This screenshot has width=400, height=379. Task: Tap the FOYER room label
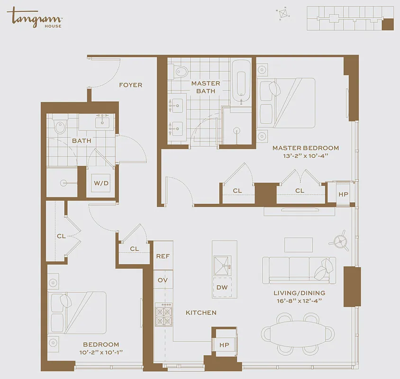click(130, 85)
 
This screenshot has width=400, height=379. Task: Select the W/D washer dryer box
click(100, 183)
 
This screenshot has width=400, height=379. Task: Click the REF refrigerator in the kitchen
click(163, 256)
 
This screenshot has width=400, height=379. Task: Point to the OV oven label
click(163, 280)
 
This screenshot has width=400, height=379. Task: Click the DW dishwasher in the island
click(222, 288)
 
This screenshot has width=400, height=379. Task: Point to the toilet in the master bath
click(181, 72)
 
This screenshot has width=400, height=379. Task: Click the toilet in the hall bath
click(60, 127)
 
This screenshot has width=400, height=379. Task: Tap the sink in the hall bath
click(102, 122)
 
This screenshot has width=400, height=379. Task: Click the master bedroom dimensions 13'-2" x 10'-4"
click(305, 156)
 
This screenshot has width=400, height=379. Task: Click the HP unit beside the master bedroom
click(343, 194)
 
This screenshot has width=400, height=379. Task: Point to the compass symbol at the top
click(284, 14)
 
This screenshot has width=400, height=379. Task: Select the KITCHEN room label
click(200, 313)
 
